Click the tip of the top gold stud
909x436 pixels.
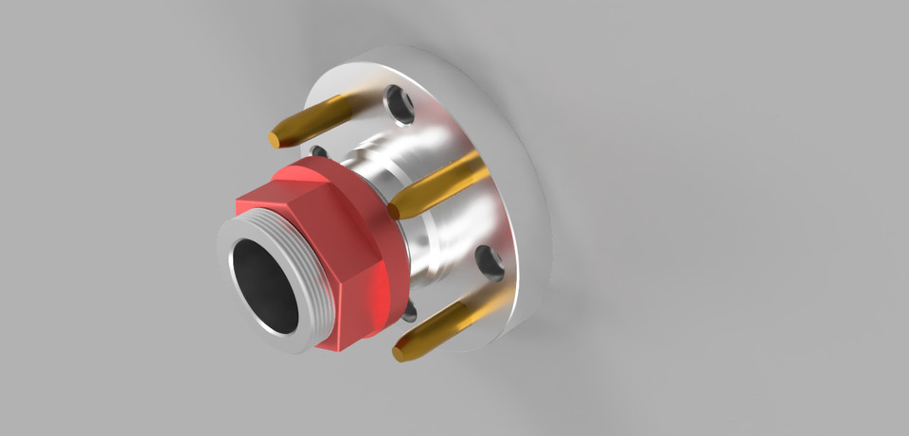click(x=276, y=139)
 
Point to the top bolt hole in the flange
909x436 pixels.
click(x=401, y=106)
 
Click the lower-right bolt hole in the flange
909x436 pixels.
click(x=490, y=262)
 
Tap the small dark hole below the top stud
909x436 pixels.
click(x=318, y=151)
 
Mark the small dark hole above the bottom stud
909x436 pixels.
click(x=408, y=311)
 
